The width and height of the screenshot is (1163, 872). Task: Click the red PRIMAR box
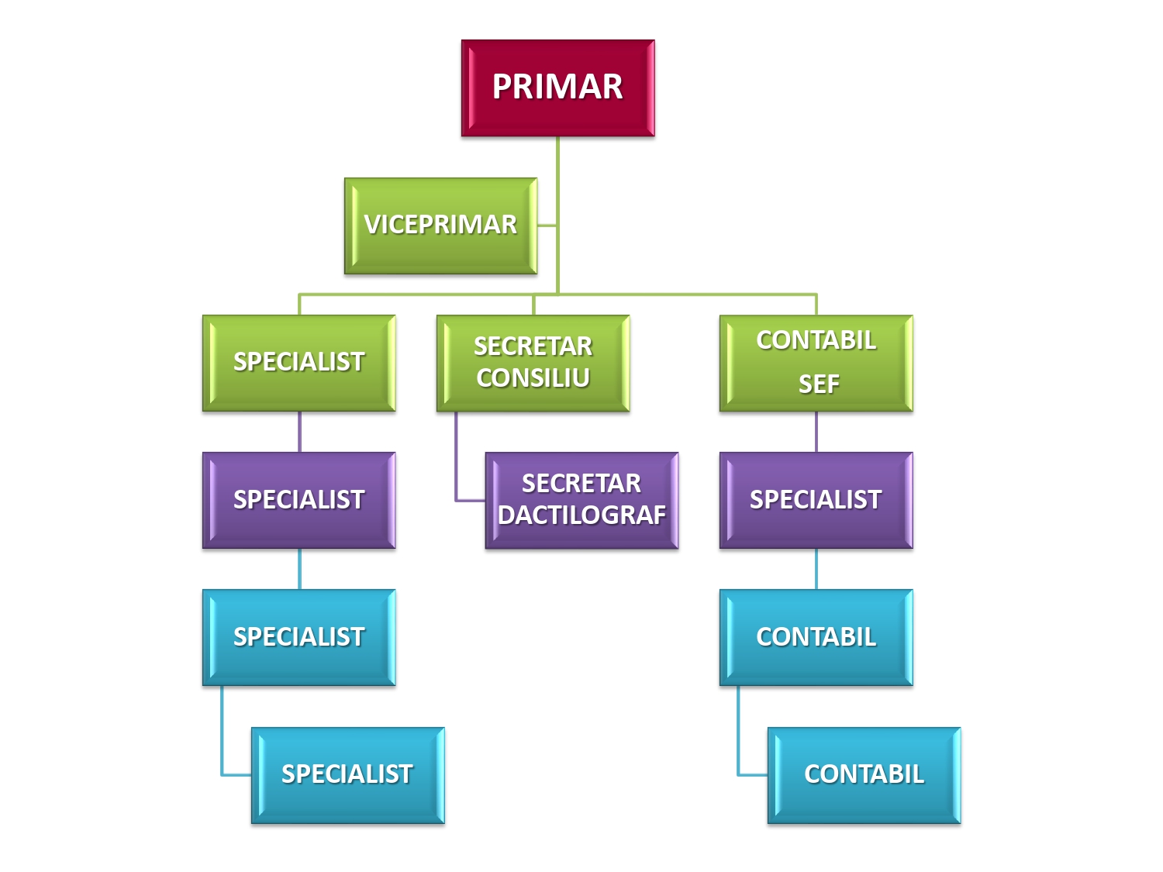(x=557, y=88)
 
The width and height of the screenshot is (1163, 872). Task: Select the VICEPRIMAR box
(x=440, y=226)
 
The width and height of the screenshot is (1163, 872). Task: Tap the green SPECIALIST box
(x=299, y=363)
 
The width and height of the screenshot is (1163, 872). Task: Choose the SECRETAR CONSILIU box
(x=533, y=363)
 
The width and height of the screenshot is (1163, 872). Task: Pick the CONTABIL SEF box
(x=816, y=363)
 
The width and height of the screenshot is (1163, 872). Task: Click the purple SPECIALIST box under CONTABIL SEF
(x=816, y=500)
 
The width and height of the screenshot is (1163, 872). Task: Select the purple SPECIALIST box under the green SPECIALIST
(x=299, y=500)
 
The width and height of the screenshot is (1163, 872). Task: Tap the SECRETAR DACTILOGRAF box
(x=581, y=500)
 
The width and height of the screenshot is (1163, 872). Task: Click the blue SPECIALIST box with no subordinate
(x=347, y=774)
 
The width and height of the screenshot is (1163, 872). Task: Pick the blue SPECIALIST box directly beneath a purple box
(x=299, y=637)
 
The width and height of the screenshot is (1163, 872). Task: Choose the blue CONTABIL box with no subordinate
(x=864, y=774)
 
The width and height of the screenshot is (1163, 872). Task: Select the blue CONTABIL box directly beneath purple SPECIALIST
(x=816, y=637)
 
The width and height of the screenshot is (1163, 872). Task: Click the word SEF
(x=819, y=384)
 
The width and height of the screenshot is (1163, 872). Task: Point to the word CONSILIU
(x=533, y=378)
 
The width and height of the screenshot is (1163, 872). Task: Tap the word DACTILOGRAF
(x=581, y=515)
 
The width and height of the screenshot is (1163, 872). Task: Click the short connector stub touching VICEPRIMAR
(x=547, y=226)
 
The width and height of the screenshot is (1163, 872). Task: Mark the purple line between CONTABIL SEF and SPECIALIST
(x=816, y=432)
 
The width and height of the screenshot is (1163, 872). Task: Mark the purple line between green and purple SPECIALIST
(x=299, y=432)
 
